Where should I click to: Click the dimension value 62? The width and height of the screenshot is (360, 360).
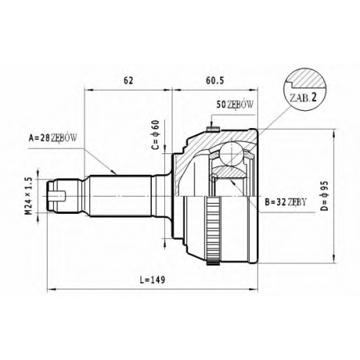coord(128,81)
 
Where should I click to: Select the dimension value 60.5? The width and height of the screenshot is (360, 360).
coord(215,81)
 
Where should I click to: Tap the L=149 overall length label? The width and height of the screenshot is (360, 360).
coord(153,279)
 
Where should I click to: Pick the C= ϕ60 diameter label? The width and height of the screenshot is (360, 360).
coord(156,135)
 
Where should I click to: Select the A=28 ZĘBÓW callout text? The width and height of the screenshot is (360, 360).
coord(53,138)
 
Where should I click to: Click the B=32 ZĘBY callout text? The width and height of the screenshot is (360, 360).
coord(286,202)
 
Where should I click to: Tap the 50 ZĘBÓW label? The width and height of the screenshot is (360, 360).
coord(235,104)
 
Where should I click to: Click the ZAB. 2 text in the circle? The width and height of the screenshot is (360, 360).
coord(303,97)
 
